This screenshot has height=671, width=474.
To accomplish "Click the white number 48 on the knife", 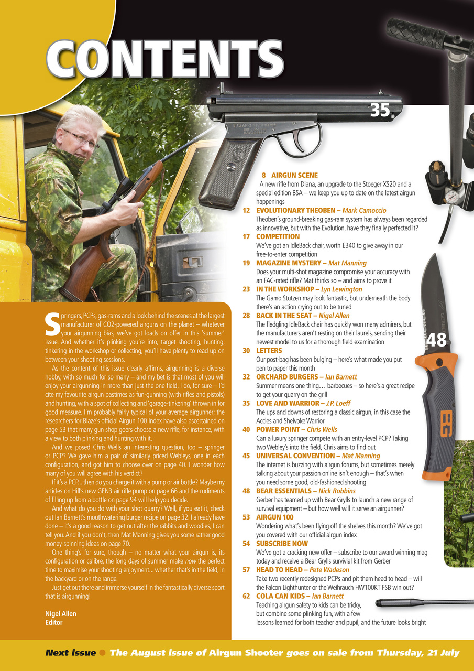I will [436, 340].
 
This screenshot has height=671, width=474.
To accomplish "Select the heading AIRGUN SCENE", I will [294, 175].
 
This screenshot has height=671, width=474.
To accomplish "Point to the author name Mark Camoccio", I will [364, 210].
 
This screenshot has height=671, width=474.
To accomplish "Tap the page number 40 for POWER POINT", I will [246, 430].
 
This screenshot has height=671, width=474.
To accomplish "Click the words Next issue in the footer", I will [70, 653].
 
